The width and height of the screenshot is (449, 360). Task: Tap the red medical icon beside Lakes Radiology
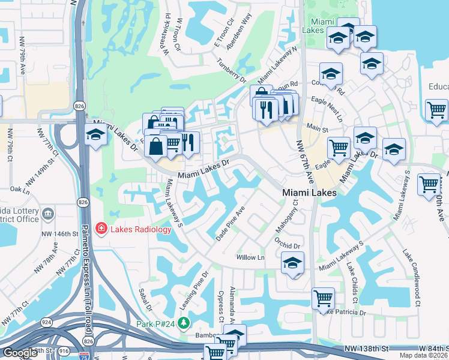click(100, 229)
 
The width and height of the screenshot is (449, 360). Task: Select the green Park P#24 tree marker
click(185, 323)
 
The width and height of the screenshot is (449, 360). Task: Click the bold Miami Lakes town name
click(309, 193)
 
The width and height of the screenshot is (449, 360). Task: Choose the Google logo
click(20, 353)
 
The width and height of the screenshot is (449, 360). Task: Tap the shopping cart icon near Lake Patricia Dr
click(324, 298)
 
